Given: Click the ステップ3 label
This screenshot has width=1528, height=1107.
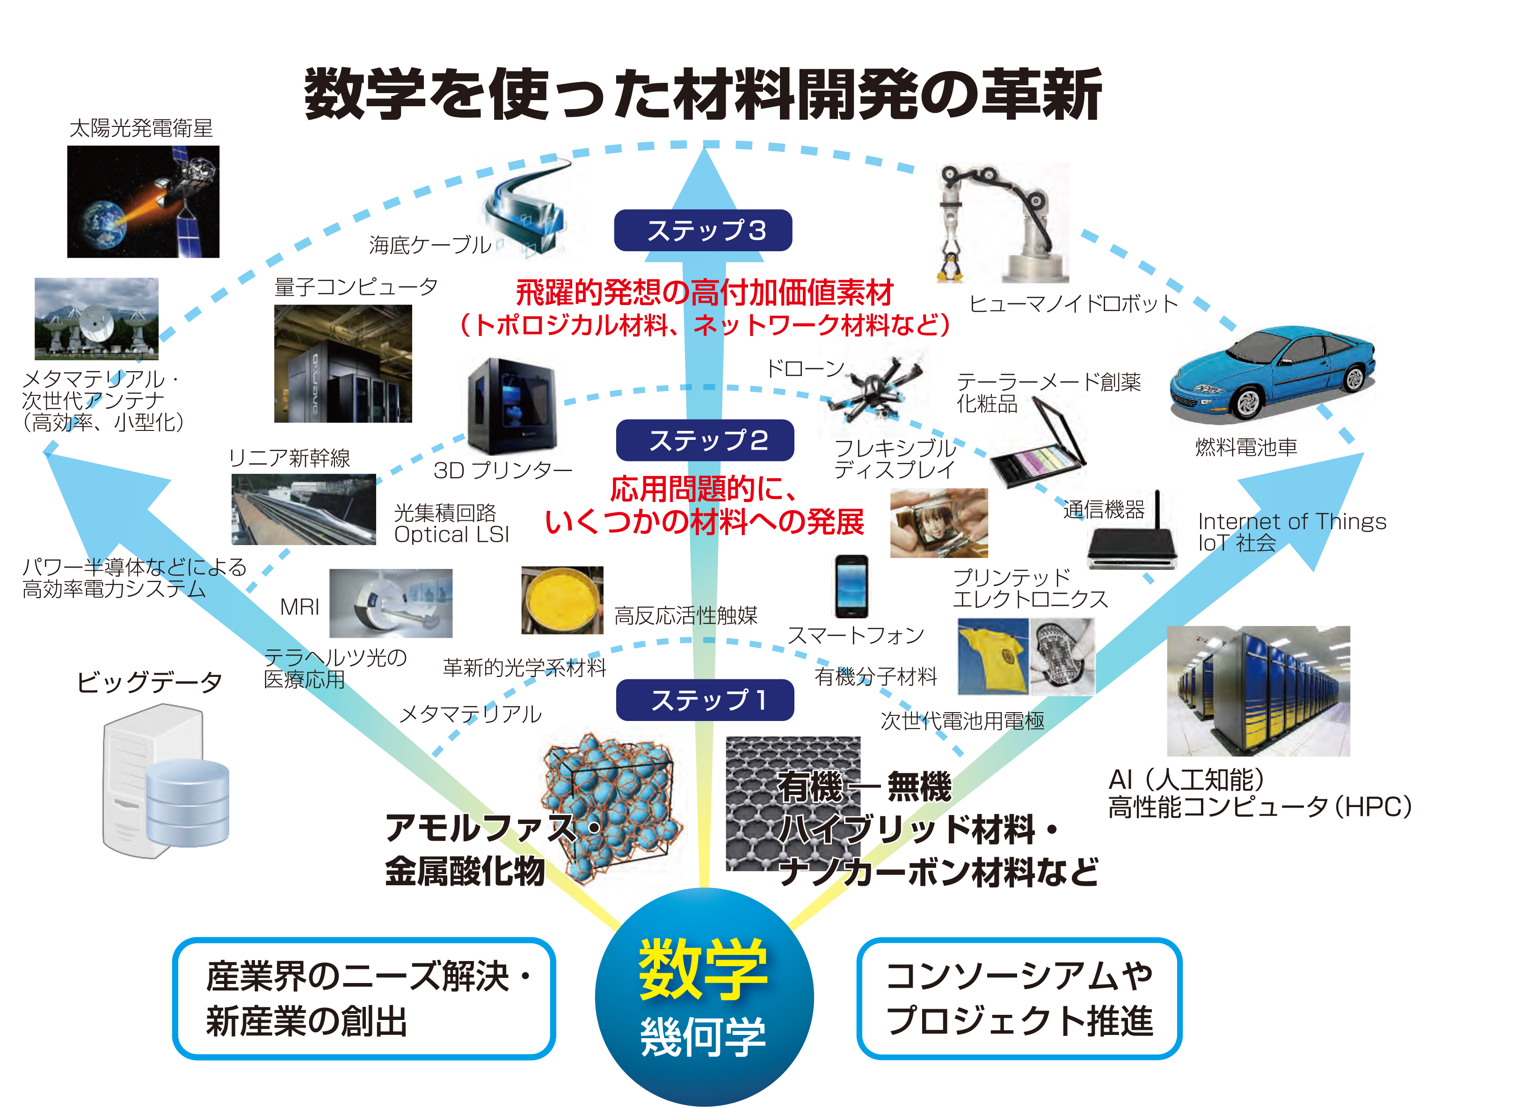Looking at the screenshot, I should click(x=703, y=230).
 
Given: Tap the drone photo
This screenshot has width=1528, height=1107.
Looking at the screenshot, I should click(x=873, y=387).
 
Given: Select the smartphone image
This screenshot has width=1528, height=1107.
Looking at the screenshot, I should click(x=851, y=586).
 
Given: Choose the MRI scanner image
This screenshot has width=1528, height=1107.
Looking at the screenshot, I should click(x=391, y=604).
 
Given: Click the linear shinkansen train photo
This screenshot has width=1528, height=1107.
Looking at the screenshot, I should click(x=303, y=510).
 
